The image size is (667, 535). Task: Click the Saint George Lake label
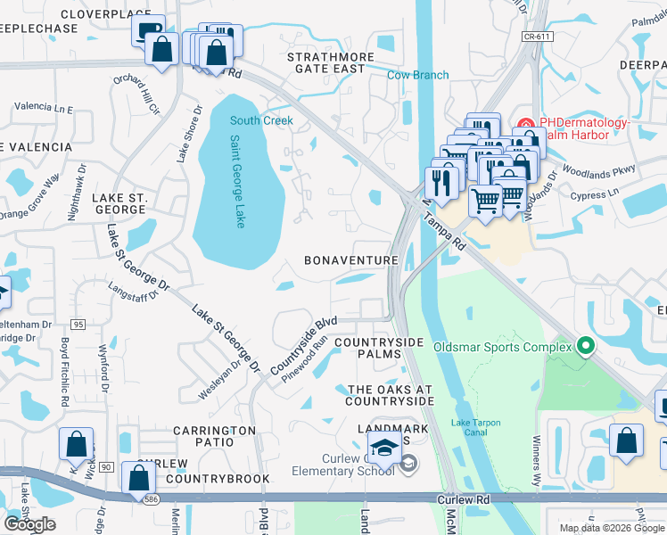coord(237,181)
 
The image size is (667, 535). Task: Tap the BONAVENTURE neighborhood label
coord(350,260)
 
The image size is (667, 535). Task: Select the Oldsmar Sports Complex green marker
coord(585,345)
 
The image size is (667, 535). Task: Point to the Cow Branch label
coord(417,75)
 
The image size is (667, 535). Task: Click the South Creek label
coord(261,120)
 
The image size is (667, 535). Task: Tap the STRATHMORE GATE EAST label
coord(325,62)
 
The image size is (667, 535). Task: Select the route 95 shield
coord(78,325)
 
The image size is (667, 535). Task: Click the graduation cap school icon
coord(384,449)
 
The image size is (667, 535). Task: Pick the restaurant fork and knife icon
coord(442,181)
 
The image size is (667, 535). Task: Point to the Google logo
coord(29,524)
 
